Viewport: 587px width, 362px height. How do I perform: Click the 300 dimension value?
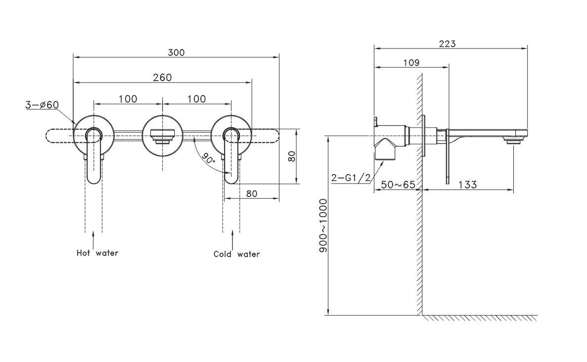tap(176, 52)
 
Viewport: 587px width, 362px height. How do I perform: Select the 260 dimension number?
tap(162, 77)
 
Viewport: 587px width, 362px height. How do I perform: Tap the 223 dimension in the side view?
tap(447, 44)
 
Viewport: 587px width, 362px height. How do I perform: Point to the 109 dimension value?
tap(411, 63)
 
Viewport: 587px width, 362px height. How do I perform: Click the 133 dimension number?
tap(467, 185)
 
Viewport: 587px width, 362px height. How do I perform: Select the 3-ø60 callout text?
tap(43, 105)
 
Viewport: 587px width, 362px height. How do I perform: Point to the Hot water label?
tap(97, 253)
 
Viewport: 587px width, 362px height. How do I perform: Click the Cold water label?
tap(236, 254)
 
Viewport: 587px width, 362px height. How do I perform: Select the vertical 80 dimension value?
tap(292, 157)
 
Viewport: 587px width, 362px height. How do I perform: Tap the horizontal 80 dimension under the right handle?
tap(252, 193)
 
